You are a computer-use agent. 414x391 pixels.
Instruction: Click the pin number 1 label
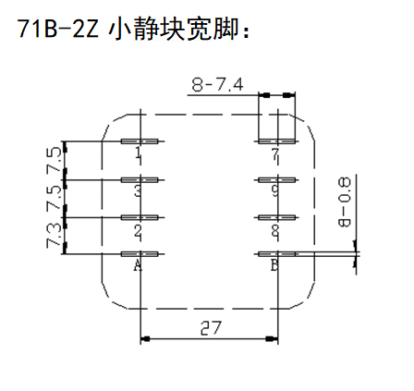click(139, 153)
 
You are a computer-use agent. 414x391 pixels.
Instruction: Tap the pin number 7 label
click(275, 154)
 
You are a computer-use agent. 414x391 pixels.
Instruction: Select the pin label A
click(138, 265)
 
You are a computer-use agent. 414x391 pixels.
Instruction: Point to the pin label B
click(274, 265)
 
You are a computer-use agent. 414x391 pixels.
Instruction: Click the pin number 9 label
click(275, 190)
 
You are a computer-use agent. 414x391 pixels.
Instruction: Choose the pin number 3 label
click(139, 190)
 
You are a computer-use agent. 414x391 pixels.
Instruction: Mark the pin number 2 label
click(139, 231)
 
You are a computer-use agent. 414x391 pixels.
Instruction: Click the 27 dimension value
click(211, 328)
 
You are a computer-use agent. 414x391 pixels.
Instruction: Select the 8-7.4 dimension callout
click(217, 84)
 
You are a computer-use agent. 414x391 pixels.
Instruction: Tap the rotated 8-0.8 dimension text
click(345, 202)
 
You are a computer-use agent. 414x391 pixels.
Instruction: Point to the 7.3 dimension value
click(54, 236)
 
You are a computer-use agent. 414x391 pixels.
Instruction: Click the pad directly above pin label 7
click(276, 141)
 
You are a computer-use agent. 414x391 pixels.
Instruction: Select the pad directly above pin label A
click(140, 254)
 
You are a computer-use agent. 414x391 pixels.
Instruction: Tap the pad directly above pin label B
click(276, 254)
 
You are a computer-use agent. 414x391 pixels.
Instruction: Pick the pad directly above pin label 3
click(140, 180)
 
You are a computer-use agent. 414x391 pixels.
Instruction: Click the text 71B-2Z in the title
click(57, 29)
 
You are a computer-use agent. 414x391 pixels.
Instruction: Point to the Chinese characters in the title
click(174, 29)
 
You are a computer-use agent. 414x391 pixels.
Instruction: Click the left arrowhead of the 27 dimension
click(145, 339)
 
